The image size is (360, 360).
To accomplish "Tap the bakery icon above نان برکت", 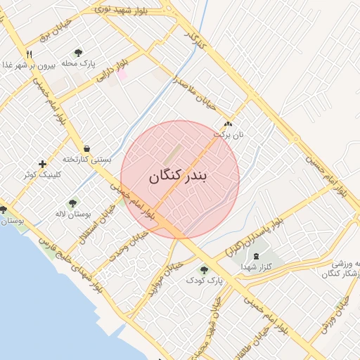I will click(227, 122).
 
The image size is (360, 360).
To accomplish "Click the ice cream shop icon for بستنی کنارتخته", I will click(86, 148).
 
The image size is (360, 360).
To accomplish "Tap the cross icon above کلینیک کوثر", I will click(43, 163).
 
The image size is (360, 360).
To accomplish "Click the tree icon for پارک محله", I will click(78, 53).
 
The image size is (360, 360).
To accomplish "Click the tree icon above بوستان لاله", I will click(73, 203).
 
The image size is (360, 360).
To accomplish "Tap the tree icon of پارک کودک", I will click(205, 269).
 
